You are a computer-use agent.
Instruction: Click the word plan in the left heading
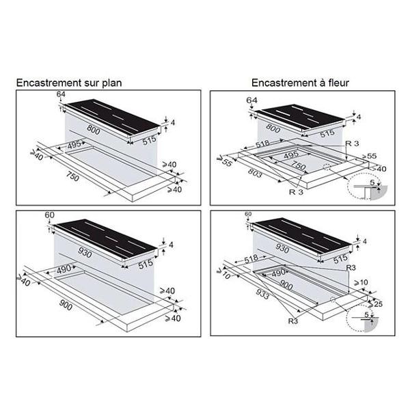point(111,83)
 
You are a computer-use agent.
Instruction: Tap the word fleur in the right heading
point(338,83)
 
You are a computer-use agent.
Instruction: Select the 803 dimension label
point(255,173)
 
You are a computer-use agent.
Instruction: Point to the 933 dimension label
point(262,295)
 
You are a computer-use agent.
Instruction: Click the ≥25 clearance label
point(375,304)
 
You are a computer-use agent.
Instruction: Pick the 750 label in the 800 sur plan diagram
point(72,177)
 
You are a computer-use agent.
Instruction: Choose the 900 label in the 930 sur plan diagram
point(66,305)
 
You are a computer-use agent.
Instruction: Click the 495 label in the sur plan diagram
point(74,146)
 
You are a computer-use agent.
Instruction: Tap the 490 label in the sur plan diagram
point(64,269)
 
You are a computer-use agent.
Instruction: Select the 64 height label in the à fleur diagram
point(251,100)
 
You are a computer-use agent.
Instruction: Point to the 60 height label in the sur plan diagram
point(49,215)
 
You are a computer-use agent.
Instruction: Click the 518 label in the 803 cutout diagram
point(262,143)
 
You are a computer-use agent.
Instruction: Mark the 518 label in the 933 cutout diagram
point(251,259)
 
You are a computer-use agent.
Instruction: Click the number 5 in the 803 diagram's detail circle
point(372,182)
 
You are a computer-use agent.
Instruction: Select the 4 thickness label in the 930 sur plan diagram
point(171,245)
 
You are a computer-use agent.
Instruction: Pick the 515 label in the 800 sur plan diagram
point(149,140)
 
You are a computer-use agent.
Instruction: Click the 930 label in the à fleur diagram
point(282,248)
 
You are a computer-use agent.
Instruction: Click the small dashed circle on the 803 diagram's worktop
point(327,167)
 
